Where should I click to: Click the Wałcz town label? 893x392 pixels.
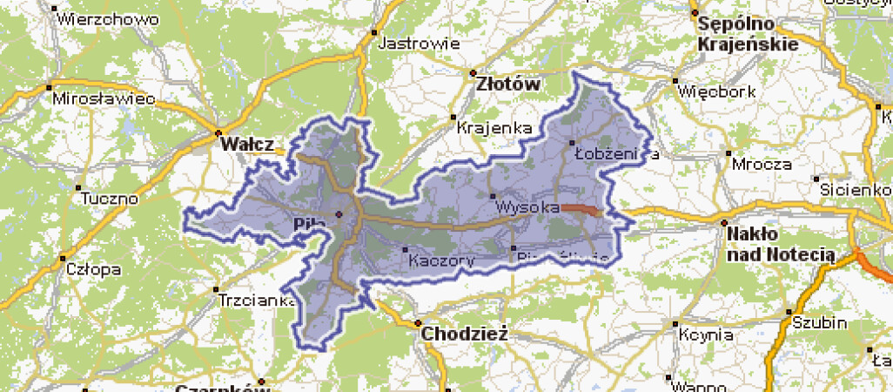point(247,144)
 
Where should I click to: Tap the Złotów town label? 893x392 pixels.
point(509,85)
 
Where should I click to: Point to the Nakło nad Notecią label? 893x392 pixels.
point(781,244)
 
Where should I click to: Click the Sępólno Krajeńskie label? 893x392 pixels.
point(752,35)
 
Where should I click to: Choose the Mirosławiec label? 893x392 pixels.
point(104,99)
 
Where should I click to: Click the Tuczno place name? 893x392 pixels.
point(109,199)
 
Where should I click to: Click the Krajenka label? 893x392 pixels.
point(494,128)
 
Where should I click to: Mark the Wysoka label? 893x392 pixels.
point(526,208)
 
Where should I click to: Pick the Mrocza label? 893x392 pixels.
point(762,164)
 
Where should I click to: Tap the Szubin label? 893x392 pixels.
point(819,322)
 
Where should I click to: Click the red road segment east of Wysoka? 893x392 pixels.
point(581,209)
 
